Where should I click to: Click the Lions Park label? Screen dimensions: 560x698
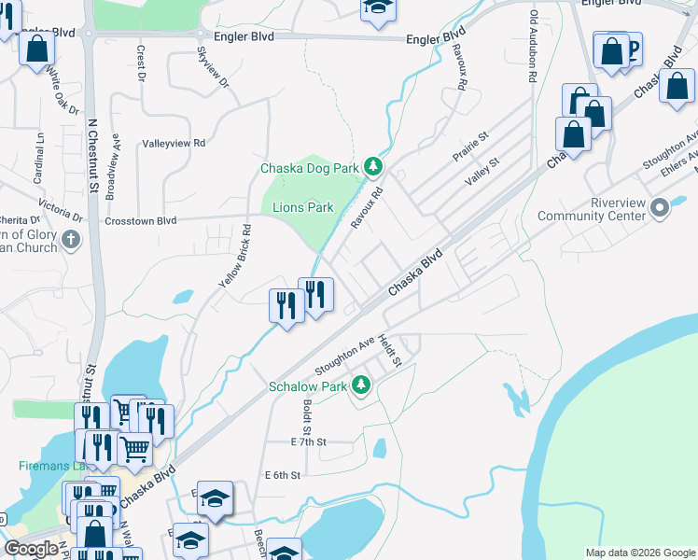(302, 207)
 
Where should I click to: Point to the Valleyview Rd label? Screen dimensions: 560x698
(173, 144)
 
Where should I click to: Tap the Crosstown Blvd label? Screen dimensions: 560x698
(141, 221)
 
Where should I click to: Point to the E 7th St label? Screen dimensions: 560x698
(310, 441)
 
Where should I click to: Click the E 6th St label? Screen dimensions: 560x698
(281, 475)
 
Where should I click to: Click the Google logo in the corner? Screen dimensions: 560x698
(31, 549)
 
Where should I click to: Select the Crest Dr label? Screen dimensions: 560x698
(142, 63)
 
